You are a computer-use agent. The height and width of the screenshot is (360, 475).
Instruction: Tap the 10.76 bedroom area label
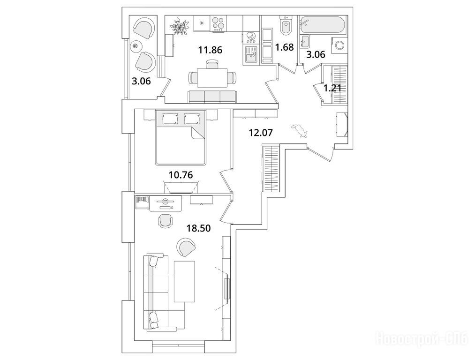pos(181,175)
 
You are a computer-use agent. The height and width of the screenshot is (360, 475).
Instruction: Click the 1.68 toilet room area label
pos(284,47)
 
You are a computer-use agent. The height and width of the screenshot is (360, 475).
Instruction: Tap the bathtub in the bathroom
pos(324,23)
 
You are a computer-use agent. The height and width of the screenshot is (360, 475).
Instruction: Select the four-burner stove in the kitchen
pos(218,23)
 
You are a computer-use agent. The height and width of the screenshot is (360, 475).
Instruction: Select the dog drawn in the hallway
pos(299,131)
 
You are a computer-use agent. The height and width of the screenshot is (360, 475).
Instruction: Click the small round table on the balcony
pos(136,46)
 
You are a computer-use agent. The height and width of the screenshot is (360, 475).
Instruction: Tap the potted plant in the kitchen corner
pos(179,26)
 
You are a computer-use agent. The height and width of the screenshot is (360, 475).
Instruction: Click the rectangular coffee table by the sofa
pos(185,281)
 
